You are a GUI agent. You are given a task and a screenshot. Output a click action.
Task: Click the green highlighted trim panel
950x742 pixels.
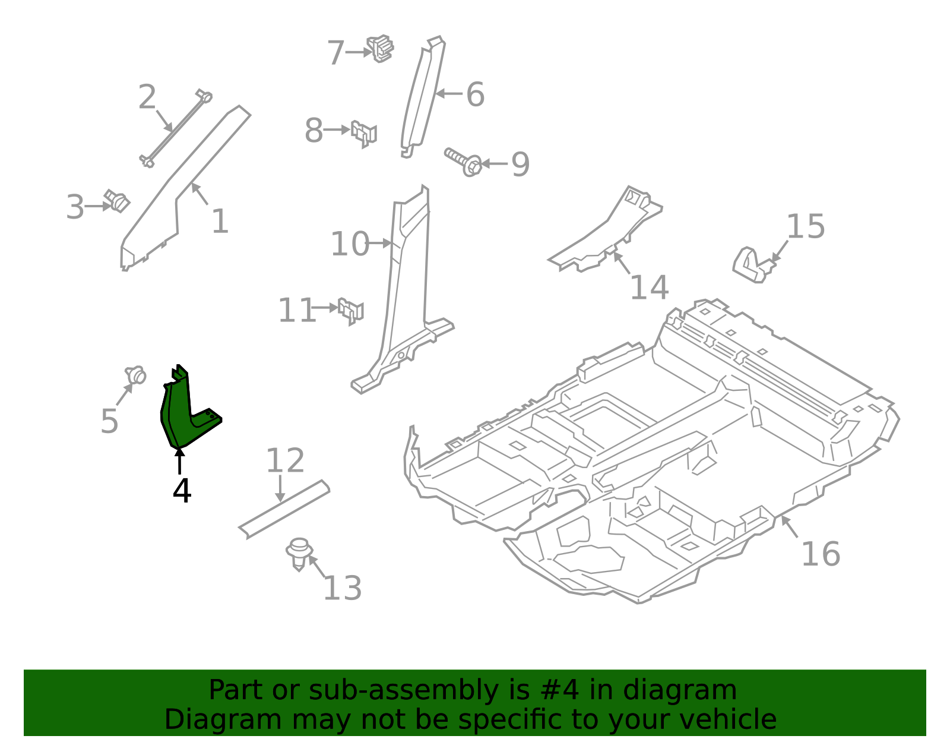coord(178,416)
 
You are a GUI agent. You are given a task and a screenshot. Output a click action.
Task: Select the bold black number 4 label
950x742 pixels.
coord(182,491)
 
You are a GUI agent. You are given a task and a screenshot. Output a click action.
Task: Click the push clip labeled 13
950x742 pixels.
coord(299,552)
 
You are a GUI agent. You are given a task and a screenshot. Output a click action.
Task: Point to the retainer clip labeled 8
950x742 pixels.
coord(363,133)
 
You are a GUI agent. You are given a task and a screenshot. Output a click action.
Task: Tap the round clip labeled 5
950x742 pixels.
coord(136,375)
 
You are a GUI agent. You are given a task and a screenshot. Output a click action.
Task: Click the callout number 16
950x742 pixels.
coord(820,554)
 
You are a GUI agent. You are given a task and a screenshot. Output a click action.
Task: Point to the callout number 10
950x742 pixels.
coord(349,244)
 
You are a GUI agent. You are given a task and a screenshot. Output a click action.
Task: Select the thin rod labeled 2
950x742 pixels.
coord(175,128)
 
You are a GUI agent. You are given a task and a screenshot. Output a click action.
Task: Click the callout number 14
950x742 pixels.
coord(648,288)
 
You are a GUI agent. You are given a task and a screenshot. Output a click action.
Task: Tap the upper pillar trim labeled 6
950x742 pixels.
coord(423,95)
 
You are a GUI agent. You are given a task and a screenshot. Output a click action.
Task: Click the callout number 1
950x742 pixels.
coord(220,222)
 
